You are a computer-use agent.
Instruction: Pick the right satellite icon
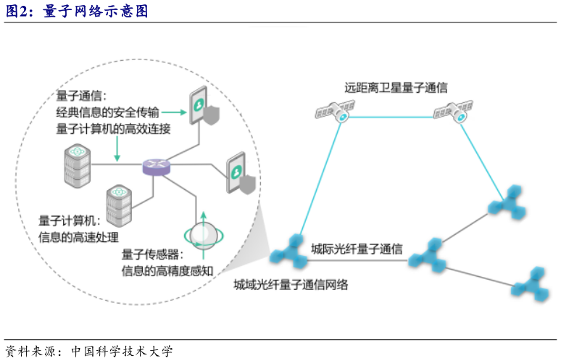point(454,111)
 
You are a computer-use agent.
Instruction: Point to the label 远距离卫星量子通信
point(396,87)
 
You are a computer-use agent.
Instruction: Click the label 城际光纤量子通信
point(357,248)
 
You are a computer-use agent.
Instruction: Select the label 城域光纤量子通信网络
point(291,285)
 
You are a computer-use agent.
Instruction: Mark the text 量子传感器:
point(153,255)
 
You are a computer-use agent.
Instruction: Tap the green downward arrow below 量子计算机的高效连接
point(116,149)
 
